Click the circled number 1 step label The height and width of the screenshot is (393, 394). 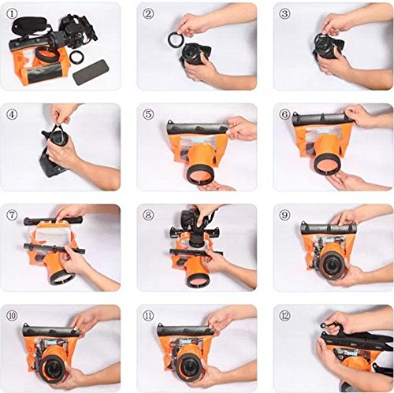coord(11,14)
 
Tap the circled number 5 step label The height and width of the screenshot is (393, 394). coord(148,114)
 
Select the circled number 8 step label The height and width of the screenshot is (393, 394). coord(148,215)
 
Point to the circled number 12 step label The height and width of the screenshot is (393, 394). coord(284,316)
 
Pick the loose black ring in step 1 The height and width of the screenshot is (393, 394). coord(76,57)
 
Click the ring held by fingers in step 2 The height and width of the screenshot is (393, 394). coord(174,39)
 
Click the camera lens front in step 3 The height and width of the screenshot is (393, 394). coord(325,44)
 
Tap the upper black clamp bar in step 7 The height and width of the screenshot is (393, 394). coord(53,221)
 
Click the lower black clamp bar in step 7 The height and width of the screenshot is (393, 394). coord(54,249)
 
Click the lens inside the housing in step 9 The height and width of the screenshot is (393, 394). coord(333,265)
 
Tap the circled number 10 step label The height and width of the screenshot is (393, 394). coord(11,316)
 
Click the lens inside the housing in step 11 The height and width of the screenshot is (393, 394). coord(190,365)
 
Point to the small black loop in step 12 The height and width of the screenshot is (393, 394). coord(325,326)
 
